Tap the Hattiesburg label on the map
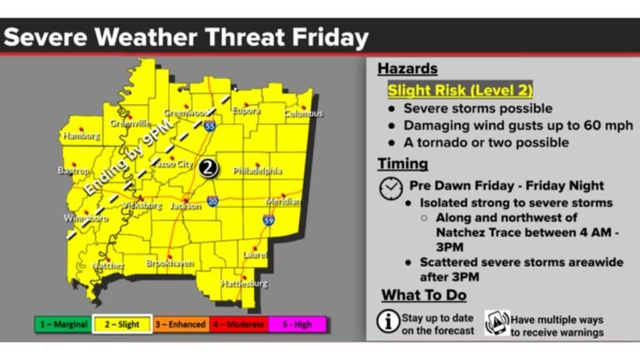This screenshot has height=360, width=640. (x=244, y=283)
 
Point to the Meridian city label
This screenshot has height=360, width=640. (x=283, y=202)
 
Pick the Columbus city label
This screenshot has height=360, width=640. (x=302, y=113)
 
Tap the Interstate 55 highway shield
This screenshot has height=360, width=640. (x=210, y=127)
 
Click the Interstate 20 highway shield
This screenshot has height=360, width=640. (x=213, y=201)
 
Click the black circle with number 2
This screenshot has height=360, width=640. (x=208, y=167)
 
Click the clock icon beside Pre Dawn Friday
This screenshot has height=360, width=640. (x=390, y=188)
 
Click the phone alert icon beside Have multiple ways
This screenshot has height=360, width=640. (x=497, y=322)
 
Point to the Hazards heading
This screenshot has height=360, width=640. (x=407, y=68)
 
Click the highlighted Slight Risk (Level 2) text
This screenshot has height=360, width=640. (x=459, y=90)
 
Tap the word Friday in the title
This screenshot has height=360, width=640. (x=327, y=37)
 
